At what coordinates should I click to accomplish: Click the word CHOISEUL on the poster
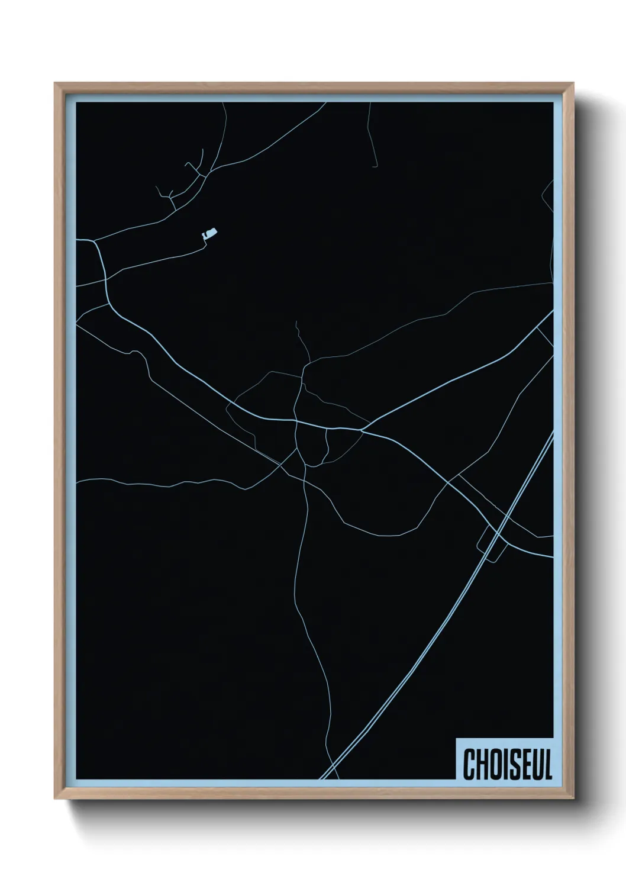click(508, 764)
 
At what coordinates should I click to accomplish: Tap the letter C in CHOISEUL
click(470, 765)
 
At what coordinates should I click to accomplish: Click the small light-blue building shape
click(209, 234)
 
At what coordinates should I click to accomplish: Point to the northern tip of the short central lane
click(296, 323)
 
